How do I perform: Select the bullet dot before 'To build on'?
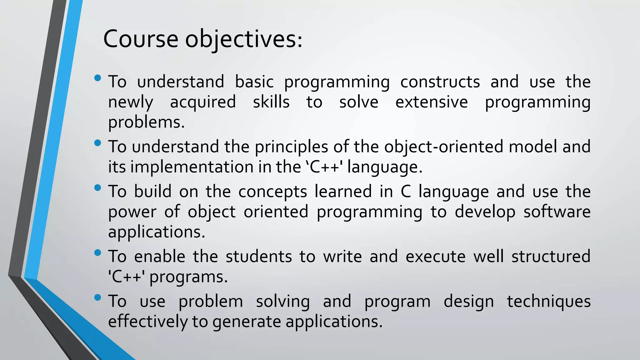97,187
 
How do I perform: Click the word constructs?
440,82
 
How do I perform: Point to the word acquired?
203,102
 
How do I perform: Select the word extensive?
432,102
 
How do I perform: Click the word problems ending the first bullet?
146,122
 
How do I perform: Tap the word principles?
291,147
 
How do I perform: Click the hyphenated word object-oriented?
443,147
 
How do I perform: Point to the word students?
259,257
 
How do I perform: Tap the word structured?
551,257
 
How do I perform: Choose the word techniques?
548,302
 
